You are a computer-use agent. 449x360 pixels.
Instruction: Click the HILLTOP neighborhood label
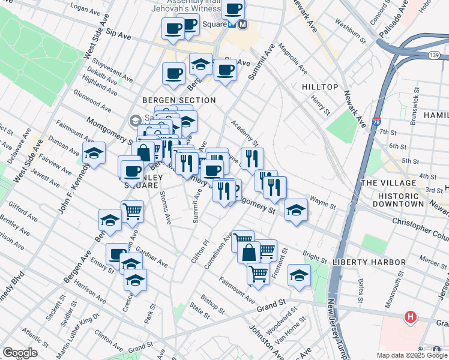(x=320, y=87)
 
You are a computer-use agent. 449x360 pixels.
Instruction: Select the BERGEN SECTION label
(x=179, y=100)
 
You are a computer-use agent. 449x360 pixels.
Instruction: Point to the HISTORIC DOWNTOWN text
(x=398, y=200)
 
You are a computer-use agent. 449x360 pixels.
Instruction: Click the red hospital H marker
(x=411, y=317)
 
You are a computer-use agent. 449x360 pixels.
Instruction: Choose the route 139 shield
(x=417, y=56)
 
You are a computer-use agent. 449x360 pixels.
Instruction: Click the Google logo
(x=20, y=353)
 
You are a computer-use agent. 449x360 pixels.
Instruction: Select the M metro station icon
(x=243, y=25)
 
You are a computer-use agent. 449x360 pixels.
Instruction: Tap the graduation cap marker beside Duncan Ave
(x=94, y=154)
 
